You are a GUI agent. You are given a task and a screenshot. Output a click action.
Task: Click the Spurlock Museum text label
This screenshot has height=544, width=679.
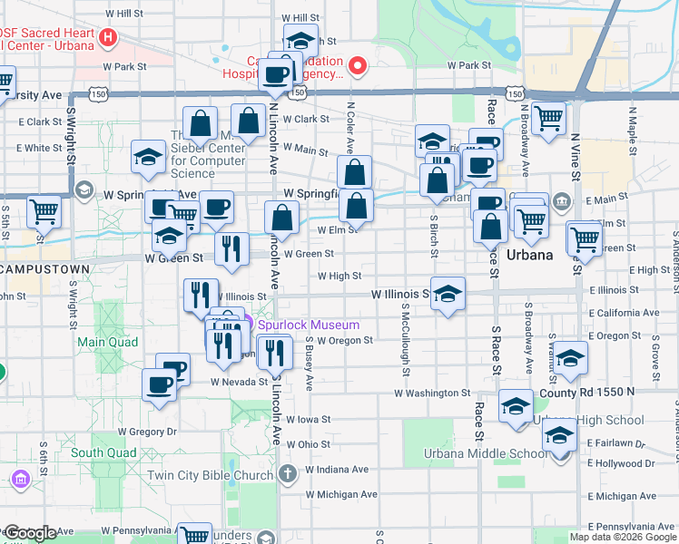[x=308, y=325]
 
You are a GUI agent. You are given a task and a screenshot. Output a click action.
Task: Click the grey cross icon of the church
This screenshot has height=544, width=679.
[x=287, y=473]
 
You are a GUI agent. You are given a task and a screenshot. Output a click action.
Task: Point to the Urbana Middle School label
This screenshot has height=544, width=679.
[x=485, y=453]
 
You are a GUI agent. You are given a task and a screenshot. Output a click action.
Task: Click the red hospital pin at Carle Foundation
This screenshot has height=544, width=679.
[x=358, y=65]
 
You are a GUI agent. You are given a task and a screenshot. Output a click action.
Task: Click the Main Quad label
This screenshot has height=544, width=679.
[x=107, y=342]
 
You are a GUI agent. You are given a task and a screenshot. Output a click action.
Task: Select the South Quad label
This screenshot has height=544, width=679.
[x=103, y=452]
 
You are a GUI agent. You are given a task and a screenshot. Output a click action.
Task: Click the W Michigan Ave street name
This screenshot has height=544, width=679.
[x=341, y=494]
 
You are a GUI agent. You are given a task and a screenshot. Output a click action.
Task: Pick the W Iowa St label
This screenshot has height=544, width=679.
[x=308, y=420]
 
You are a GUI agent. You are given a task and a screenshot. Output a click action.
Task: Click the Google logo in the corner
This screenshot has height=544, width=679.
[x=30, y=532]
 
